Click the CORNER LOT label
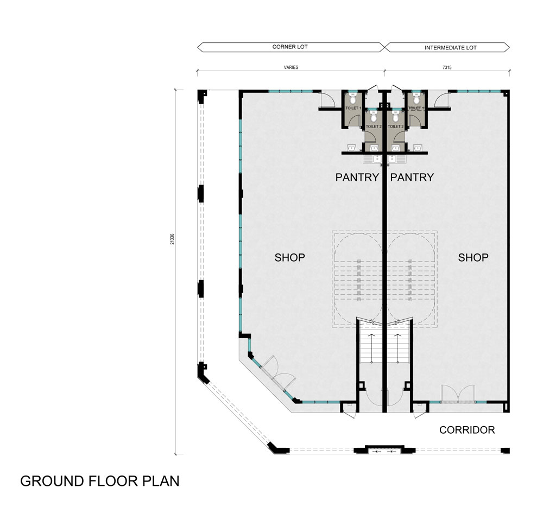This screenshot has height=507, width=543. pos(290,47)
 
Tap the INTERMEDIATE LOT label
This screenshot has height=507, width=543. pos(451,48)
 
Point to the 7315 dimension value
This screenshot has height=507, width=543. pos(447,67)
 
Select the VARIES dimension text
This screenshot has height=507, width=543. pos(291,67)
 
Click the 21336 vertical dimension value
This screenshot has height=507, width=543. pos(172,239)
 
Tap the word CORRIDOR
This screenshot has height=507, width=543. pos(467,430)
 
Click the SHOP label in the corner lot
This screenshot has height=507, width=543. pos(289,257)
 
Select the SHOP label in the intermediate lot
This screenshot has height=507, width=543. pos(473,257)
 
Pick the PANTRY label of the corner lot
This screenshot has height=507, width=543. pos(357,177)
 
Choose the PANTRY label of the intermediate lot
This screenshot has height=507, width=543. pos(412,177)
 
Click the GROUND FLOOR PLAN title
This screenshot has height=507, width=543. pos(100,481)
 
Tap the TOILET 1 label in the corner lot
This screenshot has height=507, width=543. pos(353,109)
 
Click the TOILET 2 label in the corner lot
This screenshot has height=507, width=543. pos(374,126)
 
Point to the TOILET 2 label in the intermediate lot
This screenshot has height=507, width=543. pos(395,126)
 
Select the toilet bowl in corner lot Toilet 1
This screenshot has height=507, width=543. pos(353,100)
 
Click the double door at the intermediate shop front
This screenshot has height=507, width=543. pos(458,394)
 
